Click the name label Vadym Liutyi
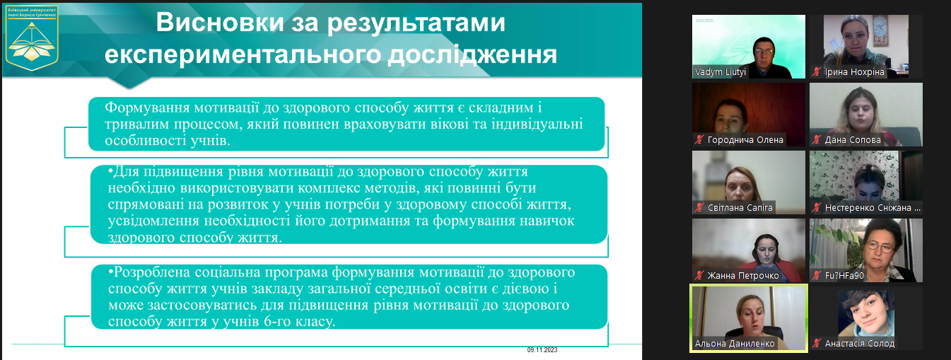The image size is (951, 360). [721, 72]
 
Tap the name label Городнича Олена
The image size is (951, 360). [745, 140]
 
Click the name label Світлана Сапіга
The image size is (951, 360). [740, 208]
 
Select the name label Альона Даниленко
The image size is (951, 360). [735, 344]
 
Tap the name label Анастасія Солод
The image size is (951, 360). [859, 344]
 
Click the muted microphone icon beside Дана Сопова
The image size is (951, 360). [817, 140]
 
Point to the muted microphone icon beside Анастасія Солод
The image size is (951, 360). [817, 344]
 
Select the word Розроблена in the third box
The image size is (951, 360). [145, 272]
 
